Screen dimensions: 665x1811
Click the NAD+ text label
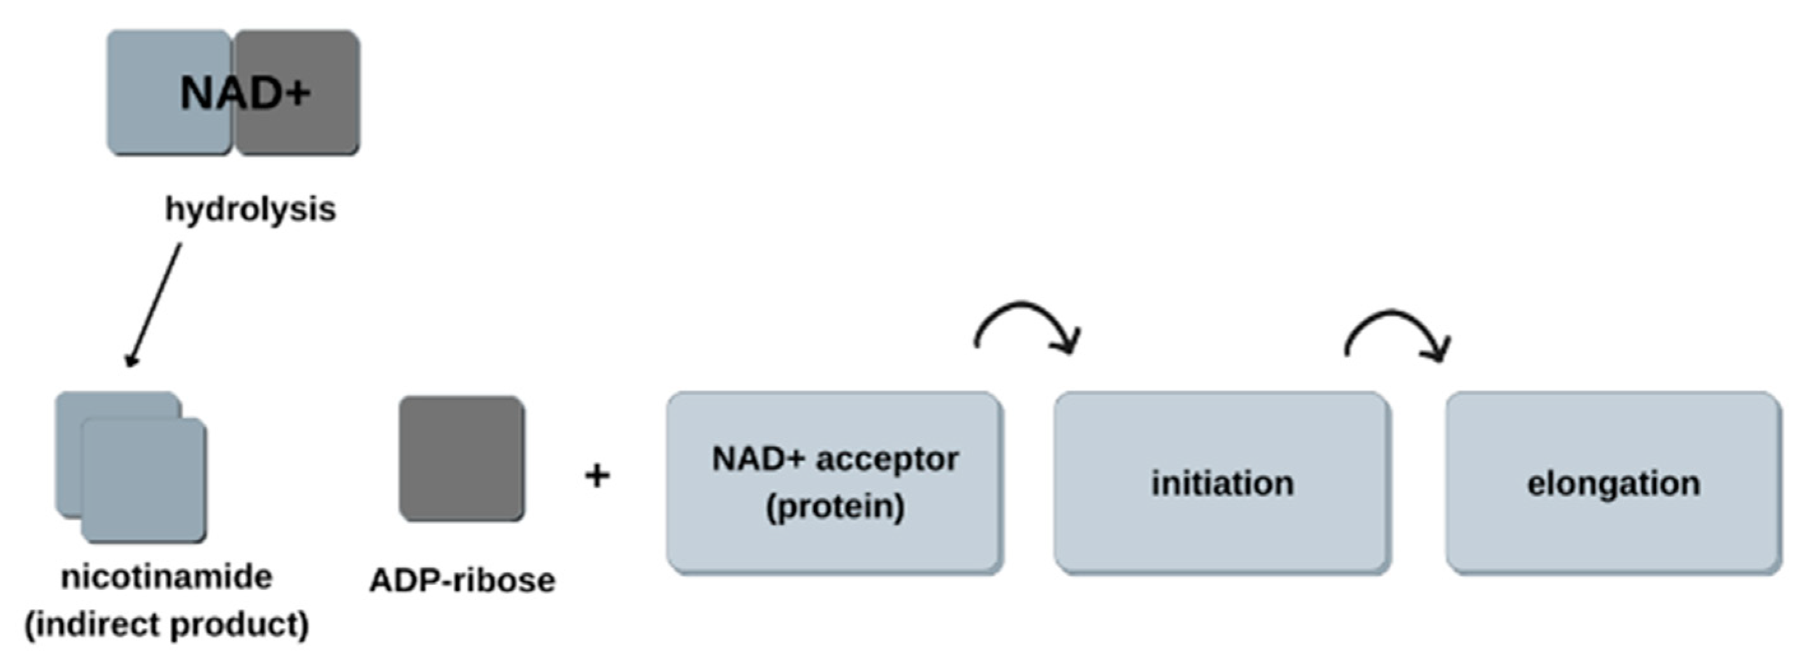pos(245,93)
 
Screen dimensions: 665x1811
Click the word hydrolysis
pos(250,210)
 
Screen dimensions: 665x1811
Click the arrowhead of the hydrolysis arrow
pos(131,360)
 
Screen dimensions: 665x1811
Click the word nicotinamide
pos(167,578)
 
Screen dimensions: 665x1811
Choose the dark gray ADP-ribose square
pos(462,459)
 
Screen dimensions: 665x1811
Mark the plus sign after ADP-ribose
pos(597,476)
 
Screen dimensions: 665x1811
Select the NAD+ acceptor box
pos(834,541)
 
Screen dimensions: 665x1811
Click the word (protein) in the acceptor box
pos(834,506)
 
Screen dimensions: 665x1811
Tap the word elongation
pos(1614,483)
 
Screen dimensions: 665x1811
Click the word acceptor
pos(887,460)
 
